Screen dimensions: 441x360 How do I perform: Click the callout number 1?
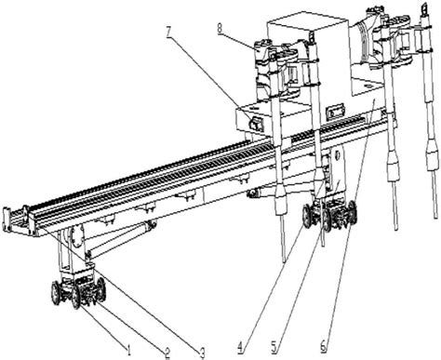(x=128, y=350)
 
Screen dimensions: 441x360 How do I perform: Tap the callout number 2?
(x=167, y=353)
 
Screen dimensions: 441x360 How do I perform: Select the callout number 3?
(x=202, y=353)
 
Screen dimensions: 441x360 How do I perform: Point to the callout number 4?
(x=241, y=348)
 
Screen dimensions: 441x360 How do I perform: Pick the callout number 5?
(x=274, y=348)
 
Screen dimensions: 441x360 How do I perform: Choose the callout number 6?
(x=324, y=346)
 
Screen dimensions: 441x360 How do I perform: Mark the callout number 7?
(x=169, y=32)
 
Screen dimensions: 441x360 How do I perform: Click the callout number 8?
(x=220, y=29)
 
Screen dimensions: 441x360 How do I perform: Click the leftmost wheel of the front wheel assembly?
(x=56, y=293)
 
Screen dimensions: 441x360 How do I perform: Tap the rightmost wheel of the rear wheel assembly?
(x=352, y=212)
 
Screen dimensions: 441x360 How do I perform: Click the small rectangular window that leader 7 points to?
(x=256, y=125)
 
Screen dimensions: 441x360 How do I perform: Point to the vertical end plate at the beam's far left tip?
(x=6, y=220)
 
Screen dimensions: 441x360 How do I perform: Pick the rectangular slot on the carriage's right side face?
(x=335, y=111)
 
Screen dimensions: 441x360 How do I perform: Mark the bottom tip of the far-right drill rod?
(x=435, y=218)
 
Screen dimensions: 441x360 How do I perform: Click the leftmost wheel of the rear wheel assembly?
(x=307, y=216)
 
